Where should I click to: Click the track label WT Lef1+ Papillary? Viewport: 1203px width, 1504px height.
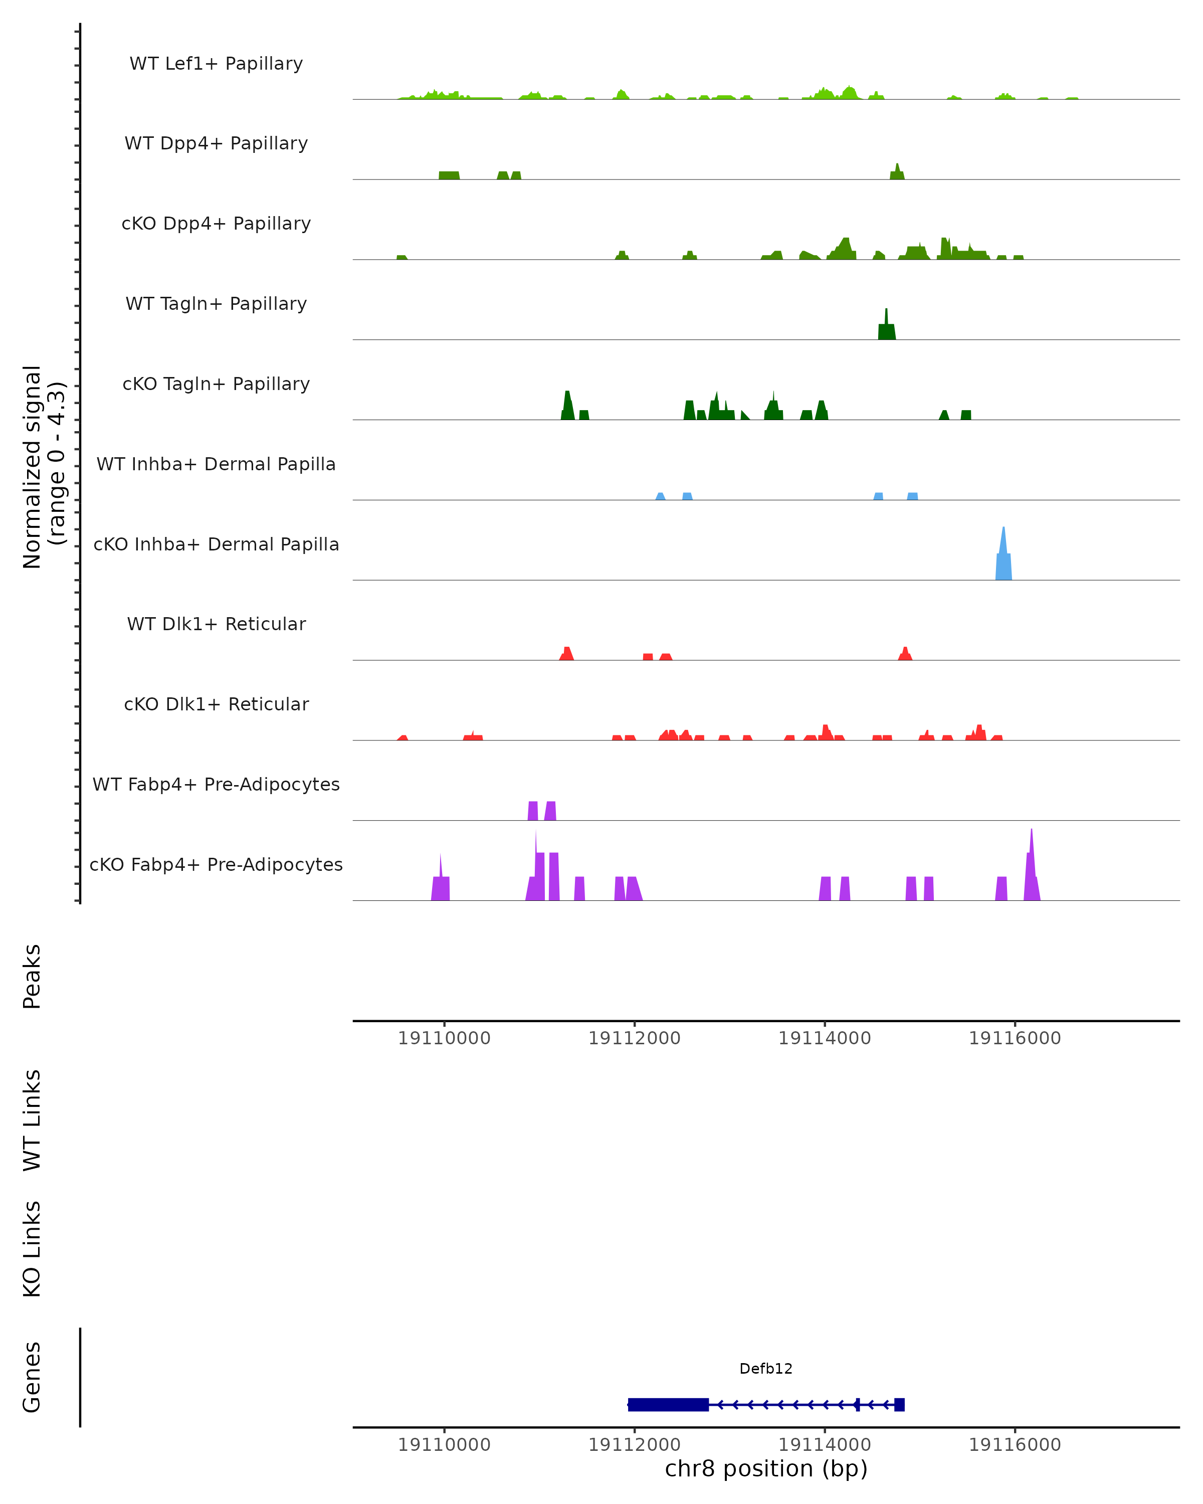point(216,64)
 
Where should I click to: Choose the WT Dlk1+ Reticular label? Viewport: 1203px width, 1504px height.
point(216,624)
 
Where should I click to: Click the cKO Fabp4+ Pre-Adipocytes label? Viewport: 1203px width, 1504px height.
point(216,864)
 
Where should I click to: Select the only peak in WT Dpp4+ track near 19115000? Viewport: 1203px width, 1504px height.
point(897,173)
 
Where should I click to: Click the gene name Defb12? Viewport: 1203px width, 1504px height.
point(766,1369)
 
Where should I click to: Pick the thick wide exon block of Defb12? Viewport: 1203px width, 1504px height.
point(668,1405)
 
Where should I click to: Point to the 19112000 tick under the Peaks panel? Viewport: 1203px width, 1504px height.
point(634,1038)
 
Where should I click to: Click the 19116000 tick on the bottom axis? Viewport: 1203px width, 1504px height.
point(1015,1445)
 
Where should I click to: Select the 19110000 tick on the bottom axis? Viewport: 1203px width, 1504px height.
point(444,1445)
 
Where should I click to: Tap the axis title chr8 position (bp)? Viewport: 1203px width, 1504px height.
point(766,1469)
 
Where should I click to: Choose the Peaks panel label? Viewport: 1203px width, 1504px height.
point(32,977)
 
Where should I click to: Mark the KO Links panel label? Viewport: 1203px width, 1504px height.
point(32,1249)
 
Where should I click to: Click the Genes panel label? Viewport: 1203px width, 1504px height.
point(32,1377)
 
